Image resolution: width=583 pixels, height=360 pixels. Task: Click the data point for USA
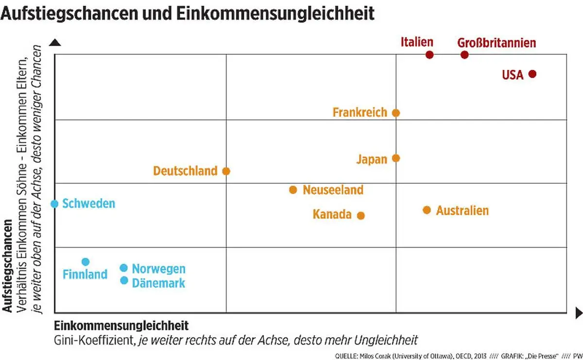(x=532, y=74)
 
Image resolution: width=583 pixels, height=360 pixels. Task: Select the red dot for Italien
(x=429, y=55)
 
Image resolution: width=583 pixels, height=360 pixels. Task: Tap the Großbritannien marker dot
(x=464, y=55)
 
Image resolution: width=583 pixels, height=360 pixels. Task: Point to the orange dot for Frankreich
(x=396, y=113)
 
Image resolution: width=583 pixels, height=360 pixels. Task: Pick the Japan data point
(x=396, y=158)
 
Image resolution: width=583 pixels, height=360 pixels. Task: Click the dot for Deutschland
(x=226, y=171)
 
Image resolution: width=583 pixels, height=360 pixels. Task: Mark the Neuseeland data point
(x=293, y=189)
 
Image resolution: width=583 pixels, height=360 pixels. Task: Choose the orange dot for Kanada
(x=361, y=215)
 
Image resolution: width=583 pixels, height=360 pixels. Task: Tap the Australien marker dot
(x=427, y=210)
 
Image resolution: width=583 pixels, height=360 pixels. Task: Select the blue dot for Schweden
(x=55, y=204)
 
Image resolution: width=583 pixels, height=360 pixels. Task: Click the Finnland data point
(x=86, y=262)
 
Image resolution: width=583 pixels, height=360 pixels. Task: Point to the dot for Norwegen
(x=124, y=268)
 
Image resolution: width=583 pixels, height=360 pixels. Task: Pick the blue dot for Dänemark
(x=124, y=280)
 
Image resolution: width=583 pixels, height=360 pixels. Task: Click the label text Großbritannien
(x=497, y=43)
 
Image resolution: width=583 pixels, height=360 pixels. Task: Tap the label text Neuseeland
(x=333, y=189)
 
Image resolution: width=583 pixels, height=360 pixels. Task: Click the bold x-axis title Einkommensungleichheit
(x=121, y=325)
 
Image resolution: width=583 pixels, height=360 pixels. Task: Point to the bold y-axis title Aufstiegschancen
(x=7, y=267)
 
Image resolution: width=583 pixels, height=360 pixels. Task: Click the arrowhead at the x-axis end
(x=578, y=313)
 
